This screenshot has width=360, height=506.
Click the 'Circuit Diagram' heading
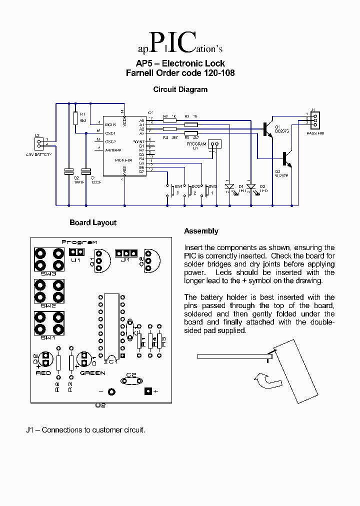coord(180,89)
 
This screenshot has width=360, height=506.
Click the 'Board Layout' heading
coord(93,222)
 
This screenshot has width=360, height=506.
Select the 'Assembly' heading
coord(201,231)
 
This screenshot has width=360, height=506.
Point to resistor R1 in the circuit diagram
coord(75,118)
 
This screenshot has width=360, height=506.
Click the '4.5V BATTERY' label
coord(39,155)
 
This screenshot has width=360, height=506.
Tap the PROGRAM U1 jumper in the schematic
coord(214,144)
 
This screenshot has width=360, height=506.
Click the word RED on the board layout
coord(43,373)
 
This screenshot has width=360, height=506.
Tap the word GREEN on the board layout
coord(92,373)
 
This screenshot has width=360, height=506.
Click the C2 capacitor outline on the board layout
coord(131,379)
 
